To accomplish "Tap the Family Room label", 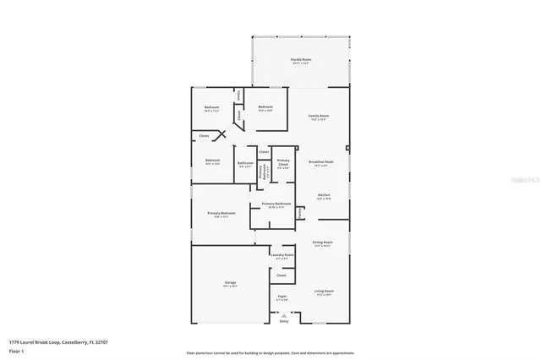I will pos(318,116).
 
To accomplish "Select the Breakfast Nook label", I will pos(320,161).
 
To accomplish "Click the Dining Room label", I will pos(323,243).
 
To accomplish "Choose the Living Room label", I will pos(324,292).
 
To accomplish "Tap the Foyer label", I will pos(282,297).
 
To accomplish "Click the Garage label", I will pos(230,283).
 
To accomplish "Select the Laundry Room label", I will pos(282,255).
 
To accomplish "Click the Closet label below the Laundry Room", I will pos(281,275).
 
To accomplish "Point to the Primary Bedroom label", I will pos(221,214).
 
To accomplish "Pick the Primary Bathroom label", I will pos(276,204).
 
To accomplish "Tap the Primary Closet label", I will pos(283,161).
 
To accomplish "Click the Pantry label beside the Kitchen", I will pos(301,214).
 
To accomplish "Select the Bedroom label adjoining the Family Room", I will pos(265,107).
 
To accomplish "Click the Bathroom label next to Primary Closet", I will pos(245,163).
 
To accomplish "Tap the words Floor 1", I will pos(17,350).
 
